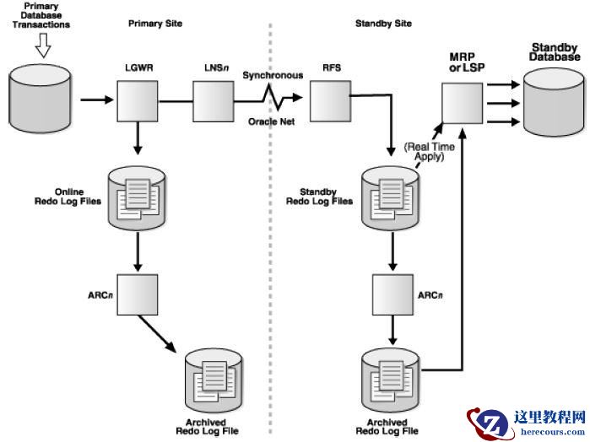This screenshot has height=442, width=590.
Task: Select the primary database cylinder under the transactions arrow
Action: [x=41, y=100]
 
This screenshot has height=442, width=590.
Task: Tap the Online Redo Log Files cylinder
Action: [x=138, y=197]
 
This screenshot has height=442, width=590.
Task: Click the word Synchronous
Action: [x=273, y=75]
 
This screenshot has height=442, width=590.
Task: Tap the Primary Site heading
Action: [x=155, y=24]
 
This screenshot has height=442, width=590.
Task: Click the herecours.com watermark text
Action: [x=553, y=431]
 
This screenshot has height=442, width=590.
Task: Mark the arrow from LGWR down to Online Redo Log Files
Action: [x=138, y=141]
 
